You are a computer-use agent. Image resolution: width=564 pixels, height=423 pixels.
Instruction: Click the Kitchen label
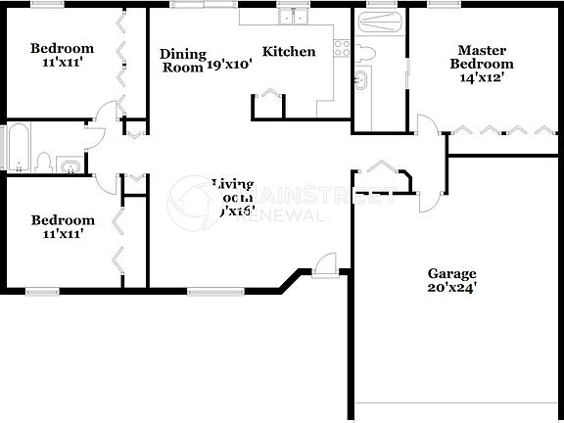(289, 52)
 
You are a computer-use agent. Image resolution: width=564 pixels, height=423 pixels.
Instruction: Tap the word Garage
(451, 274)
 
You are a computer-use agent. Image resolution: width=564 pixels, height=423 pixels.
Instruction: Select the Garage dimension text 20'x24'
(451, 289)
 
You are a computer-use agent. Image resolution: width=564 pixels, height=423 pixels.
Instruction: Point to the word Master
(482, 50)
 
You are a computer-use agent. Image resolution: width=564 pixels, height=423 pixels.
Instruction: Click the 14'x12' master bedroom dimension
(482, 77)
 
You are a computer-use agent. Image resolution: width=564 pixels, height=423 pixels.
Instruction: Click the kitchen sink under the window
(293, 18)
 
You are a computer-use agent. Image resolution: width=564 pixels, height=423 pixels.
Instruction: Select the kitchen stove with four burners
(342, 47)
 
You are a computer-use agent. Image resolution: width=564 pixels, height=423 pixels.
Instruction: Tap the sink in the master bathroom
(360, 80)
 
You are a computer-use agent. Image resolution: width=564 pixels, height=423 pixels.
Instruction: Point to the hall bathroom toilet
(42, 161)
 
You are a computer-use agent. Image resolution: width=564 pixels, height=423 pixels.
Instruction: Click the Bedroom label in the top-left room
(62, 49)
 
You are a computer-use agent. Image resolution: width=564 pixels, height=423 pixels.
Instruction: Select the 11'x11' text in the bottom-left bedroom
(62, 234)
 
